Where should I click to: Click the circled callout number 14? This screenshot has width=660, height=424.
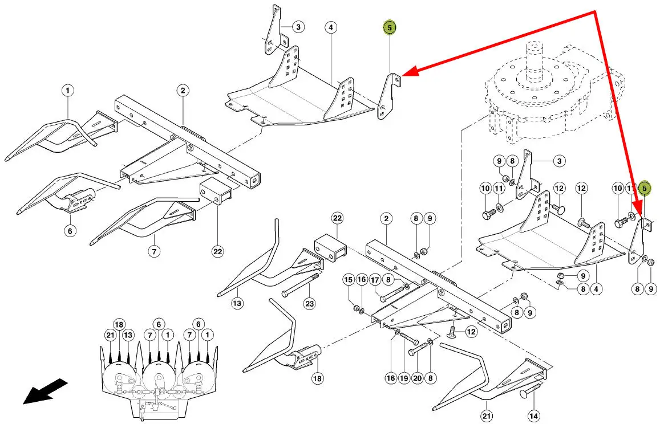tap(533, 416)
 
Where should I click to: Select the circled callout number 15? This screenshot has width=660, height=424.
tap(349, 280)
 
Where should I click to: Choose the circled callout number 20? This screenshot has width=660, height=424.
tap(418, 377)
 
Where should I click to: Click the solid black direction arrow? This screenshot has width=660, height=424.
tap(44, 392)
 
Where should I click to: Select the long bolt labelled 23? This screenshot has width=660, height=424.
tap(299, 286)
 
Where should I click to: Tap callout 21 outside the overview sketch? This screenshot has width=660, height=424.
tap(486, 416)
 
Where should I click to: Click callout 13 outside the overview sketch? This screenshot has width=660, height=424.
tap(237, 303)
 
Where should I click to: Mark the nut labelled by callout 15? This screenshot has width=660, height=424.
tap(357, 309)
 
